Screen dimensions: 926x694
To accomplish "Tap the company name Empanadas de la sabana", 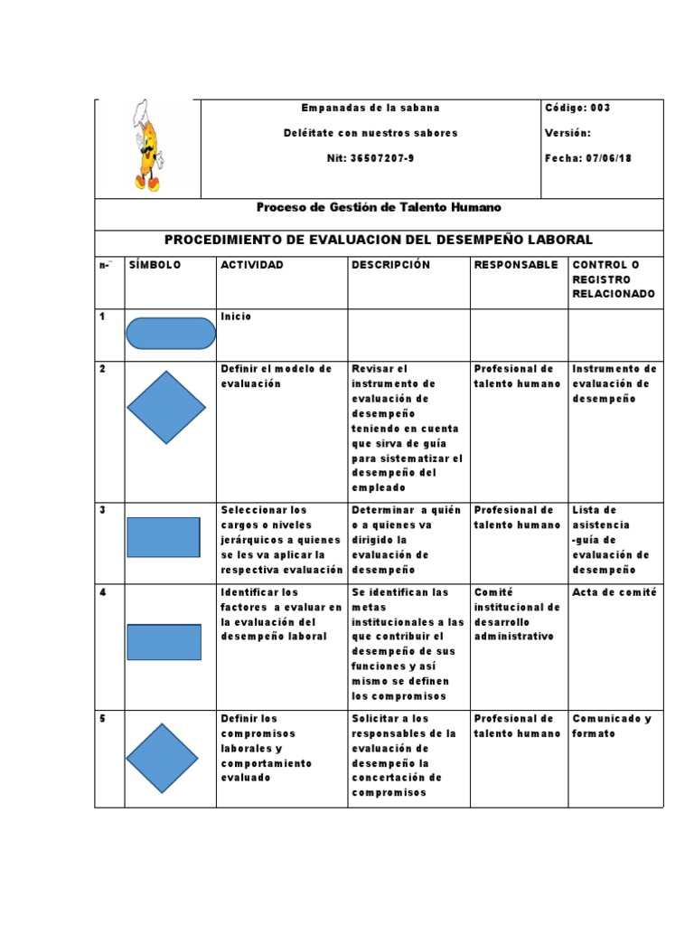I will pyautogui.click(x=370, y=108).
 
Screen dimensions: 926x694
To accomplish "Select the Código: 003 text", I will pyautogui.click(x=578, y=108).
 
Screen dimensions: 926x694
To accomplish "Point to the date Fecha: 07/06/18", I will pyautogui.click(x=588, y=158).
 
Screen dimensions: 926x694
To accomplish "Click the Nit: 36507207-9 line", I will pyautogui.click(x=370, y=158).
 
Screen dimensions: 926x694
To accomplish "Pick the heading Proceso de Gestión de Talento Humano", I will pyautogui.click(x=379, y=208).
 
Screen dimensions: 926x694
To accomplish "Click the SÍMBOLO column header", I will pyautogui.click(x=155, y=265).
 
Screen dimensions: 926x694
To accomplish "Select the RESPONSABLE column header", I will pyautogui.click(x=516, y=265).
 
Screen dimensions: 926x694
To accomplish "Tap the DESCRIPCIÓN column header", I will pyautogui.click(x=391, y=265).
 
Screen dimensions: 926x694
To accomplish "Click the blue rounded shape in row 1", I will pyautogui.click(x=171, y=334).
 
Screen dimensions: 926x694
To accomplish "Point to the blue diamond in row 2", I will pyautogui.click(x=166, y=407).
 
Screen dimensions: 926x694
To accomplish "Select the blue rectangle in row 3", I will pyautogui.click(x=164, y=537).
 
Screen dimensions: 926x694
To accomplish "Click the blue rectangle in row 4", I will pyautogui.click(x=164, y=642).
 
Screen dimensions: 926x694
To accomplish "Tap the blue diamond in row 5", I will pyautogui.click(x=162, y=759).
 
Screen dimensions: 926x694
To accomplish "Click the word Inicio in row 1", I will pyautogui.click(x=237, y=317).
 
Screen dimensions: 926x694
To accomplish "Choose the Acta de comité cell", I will pyautogui.click(x=614, y=592).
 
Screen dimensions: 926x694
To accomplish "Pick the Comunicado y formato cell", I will pyautogui.click(x=612, y=726).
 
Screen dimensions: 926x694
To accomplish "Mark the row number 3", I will pyautogui.click(x=103, y=510).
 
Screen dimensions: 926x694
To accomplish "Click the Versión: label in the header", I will pyautogui.click(x=567, y=133).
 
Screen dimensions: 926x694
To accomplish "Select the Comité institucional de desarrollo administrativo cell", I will pyautogui.click(x=518, y=614).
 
